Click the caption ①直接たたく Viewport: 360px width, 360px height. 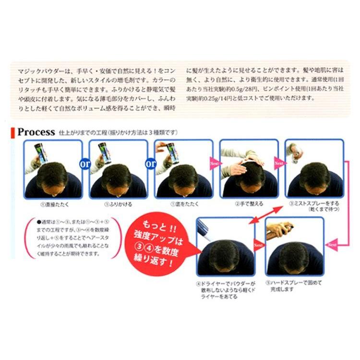[x=54, y=203]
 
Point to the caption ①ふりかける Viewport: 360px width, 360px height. [x=119, y=203]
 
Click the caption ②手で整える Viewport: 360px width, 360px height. [x=249, y=203]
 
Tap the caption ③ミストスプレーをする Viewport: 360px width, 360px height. [x=314, y=205]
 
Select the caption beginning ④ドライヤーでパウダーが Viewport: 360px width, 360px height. [x=226, y=290]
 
